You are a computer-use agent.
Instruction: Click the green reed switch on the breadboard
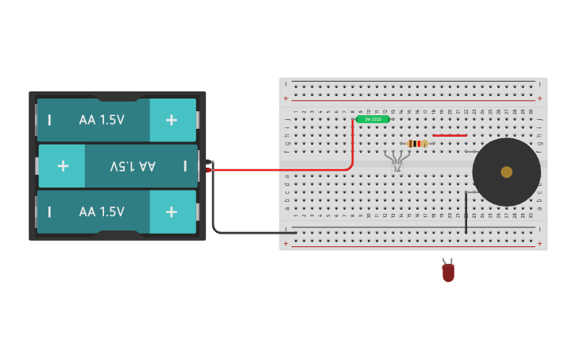coord(373,119)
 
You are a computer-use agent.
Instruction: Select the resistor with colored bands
coord(417,144)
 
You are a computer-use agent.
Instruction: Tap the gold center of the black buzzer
coord(506,172)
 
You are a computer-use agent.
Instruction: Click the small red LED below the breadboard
coord(448,272)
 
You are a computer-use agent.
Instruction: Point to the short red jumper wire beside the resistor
coord(450,135)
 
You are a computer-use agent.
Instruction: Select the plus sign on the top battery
coord(171,120)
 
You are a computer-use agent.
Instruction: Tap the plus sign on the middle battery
coord(63,166)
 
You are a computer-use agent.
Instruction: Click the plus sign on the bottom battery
coord(171,212)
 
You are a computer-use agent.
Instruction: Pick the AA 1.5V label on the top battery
coord(102,120)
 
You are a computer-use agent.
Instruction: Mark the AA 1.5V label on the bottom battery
coord(102,212)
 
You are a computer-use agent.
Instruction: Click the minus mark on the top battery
coord(50,120)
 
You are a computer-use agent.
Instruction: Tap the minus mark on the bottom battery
coord(50,212)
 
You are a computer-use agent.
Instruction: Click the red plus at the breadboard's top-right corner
coord(539,99)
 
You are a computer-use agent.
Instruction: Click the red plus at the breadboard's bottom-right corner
coord(539,244)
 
